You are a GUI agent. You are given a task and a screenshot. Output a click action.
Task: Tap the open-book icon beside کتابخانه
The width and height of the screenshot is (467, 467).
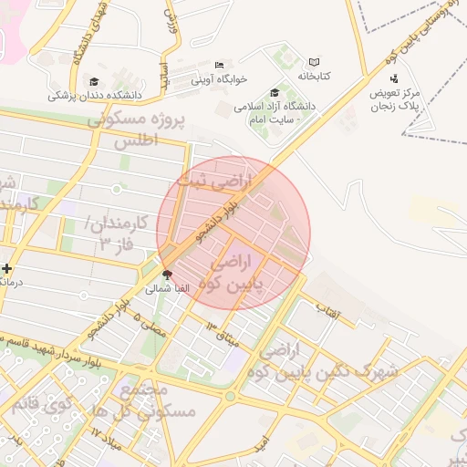point(314,62)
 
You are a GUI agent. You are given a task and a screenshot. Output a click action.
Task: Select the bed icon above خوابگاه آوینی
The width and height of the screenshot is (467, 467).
point(219,65)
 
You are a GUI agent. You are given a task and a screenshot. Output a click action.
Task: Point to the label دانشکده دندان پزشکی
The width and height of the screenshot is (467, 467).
point(96,95)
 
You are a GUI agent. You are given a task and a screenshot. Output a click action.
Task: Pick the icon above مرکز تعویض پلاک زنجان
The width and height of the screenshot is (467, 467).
point(394,78)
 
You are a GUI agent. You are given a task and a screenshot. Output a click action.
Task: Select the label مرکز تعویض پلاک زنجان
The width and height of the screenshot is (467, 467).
point(394,99)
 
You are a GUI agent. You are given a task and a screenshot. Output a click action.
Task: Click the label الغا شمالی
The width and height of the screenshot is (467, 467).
point(167,288)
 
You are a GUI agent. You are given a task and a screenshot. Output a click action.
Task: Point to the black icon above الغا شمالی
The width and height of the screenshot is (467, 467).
point(167,274)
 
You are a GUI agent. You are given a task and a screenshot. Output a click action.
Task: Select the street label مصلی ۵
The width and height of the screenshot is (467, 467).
point(150,324)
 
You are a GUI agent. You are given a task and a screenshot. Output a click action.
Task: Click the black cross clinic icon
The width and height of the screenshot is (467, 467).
point(7,269)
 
